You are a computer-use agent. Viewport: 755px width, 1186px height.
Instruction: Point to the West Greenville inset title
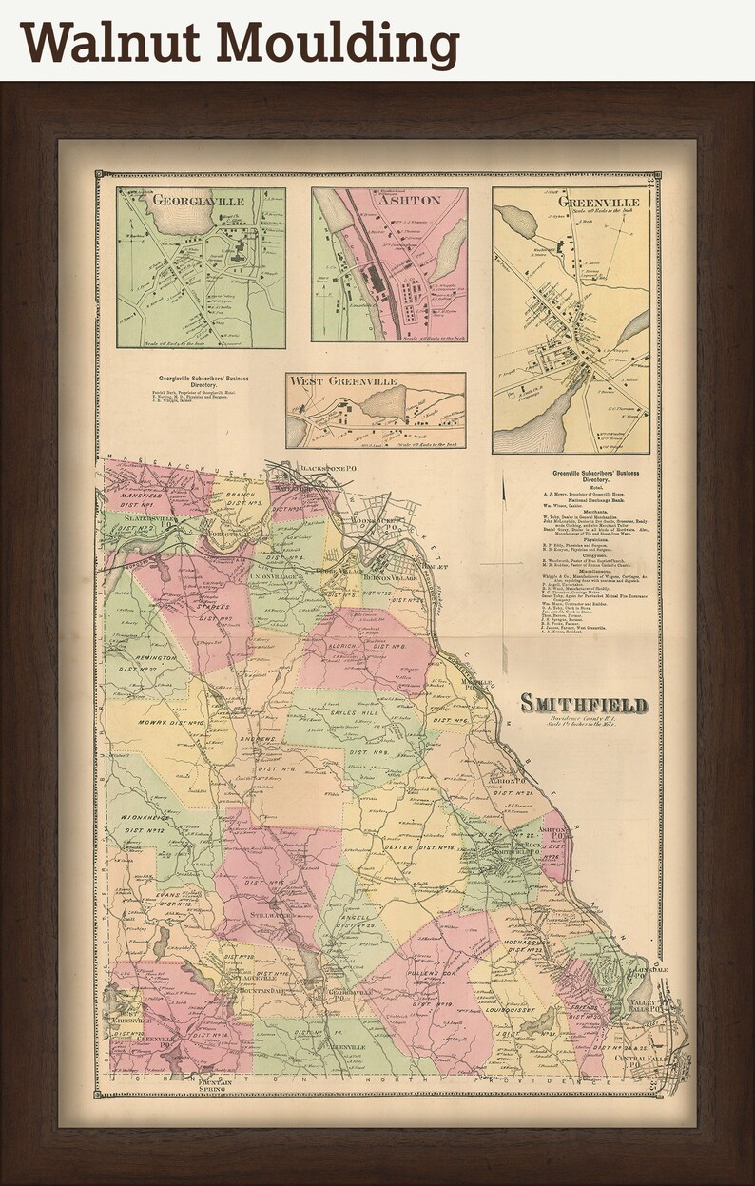tap(343, 381)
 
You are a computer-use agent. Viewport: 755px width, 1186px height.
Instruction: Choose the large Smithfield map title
tap(583, 704)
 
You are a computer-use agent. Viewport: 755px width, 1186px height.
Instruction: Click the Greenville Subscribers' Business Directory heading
tap(594, 476)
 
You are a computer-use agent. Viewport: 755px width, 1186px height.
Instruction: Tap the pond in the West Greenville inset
tap(383, 402)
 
